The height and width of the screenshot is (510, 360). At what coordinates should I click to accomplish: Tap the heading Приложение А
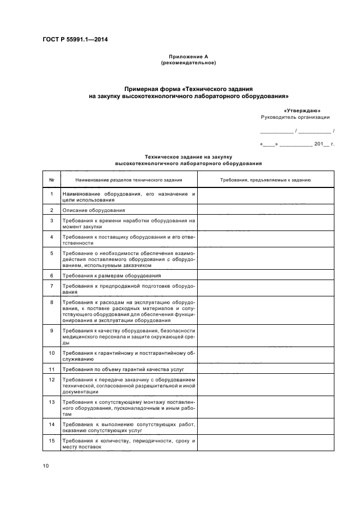pyautogui.click(x=188, y=57)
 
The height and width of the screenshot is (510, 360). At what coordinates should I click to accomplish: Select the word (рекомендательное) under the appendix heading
pyautogui.click(x=188, y=63)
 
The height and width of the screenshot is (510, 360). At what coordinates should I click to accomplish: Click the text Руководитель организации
pyautogui.click(x=295, y=117)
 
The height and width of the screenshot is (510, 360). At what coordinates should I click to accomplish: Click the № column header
pyautogui.click(x=51, y=179)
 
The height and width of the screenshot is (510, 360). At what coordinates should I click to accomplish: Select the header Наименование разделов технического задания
pyautogui.click(x=129, y=179)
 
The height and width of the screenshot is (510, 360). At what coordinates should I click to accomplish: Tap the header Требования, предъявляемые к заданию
pyautogui.click(x=265, y=179)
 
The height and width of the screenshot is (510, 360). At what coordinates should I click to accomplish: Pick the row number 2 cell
pyautogui.click(x=51, y=210)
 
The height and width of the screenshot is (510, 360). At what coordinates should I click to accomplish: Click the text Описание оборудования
pyautogui.click(x=94, y=210)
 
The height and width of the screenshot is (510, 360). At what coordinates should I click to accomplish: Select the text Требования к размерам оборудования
pyautogui.click(x=112, y=276)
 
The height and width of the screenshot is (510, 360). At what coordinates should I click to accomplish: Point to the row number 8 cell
pyautogui.click(x=51, y=311)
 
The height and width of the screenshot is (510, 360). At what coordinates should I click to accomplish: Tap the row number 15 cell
pyautogui.click(x=51, y=444)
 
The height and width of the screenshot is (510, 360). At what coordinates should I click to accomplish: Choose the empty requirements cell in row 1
pyautogui.click(x=265, y=196)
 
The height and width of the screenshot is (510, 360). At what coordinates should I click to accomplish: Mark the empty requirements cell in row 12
pyautogui.click(x=265, y=385)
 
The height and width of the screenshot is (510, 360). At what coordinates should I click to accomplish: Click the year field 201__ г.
pyautogui.click(x=324, y=144)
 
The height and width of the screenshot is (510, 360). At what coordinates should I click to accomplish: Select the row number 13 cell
pyautogui.click(x=51, y=408)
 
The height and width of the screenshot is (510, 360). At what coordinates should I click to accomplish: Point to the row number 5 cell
pyautogui.click(x=51, y=259)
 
